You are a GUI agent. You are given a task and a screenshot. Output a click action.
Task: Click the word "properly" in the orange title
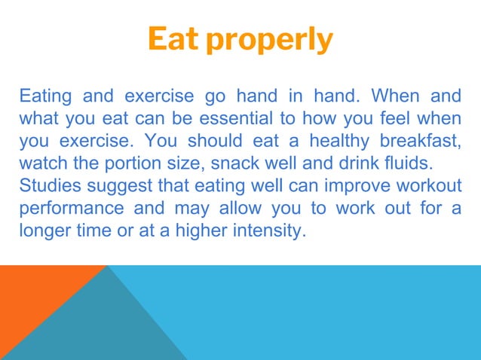(x=271, y=41)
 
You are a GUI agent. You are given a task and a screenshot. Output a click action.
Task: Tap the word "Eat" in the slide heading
(x=175, y=39)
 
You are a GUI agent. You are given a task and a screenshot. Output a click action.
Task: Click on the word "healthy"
(x=341, y=140)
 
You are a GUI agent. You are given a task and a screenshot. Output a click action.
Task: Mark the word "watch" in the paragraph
(x=41, y=162)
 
